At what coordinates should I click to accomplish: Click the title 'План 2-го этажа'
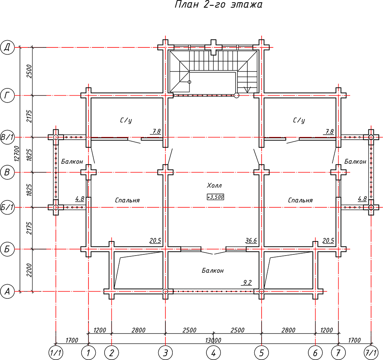219,5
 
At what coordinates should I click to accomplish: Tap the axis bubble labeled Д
7,47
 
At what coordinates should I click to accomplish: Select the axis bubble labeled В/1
7,137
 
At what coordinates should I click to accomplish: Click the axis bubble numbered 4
213,353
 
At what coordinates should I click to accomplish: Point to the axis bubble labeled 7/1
371,353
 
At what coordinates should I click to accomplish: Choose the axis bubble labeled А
7,292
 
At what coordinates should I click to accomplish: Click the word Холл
214,186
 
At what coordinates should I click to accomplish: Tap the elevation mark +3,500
215,197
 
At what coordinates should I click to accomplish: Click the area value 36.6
251,241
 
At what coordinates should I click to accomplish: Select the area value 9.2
247,283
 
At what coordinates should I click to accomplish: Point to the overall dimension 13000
213,340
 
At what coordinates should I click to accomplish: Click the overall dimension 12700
16,153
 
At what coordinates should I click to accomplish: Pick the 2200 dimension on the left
29,270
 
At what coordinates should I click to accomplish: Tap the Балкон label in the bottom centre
213,270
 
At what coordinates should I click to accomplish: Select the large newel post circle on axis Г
236,95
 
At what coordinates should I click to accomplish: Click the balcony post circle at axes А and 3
165,292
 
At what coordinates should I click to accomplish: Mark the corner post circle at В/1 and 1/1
56,137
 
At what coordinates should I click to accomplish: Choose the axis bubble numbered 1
88,353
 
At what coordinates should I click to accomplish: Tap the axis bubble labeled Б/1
7,207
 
